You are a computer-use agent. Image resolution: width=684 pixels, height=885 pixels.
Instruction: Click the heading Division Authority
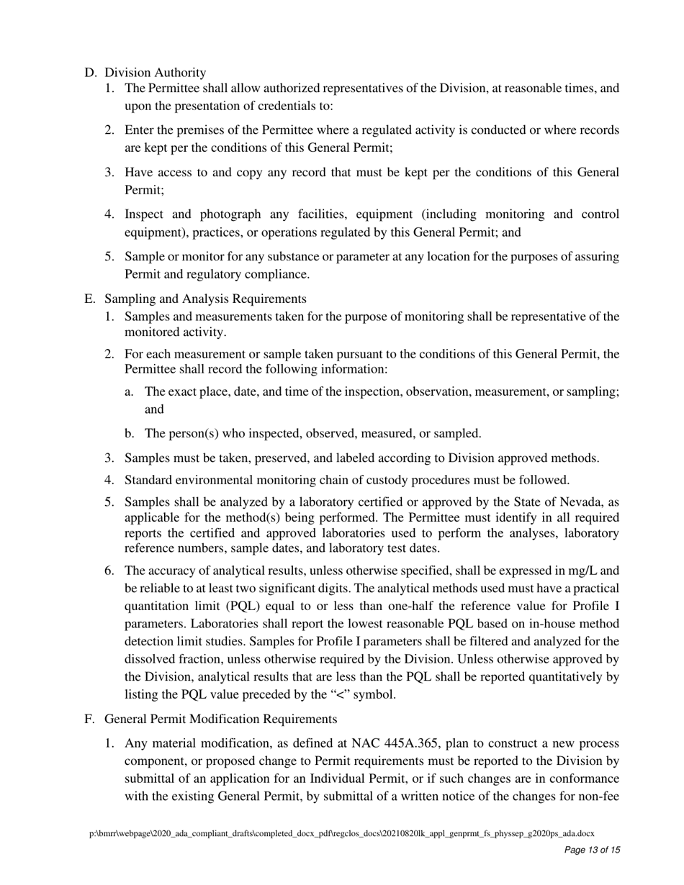155,73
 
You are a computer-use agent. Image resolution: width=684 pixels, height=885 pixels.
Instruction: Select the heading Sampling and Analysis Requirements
205,299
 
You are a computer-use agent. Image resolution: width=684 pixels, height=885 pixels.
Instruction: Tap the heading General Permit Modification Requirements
220,719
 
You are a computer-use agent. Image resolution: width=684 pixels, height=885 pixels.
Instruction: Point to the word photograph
230,214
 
